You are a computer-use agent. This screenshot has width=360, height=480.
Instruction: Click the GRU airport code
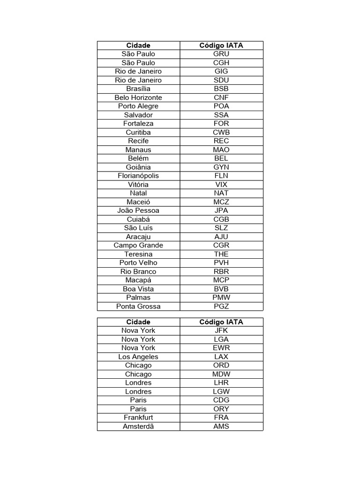[x=221, y=54]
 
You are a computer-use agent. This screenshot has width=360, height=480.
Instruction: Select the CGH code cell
[x=221, y=63]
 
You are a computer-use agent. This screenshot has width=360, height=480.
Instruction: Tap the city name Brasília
[x=138, y=89]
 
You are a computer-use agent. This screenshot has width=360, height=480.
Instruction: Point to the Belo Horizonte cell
[x=138, y=97]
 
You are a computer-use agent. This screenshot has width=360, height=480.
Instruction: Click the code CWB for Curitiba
[x=221, y=132]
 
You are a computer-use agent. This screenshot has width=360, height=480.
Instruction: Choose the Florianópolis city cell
[x=138, y=176]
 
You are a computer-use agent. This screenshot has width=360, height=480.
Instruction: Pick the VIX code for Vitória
[x=221, y=185]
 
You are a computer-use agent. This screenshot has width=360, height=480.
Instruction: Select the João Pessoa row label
[x=138, y=210]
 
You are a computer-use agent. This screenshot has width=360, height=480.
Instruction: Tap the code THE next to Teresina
[x=221, y=254]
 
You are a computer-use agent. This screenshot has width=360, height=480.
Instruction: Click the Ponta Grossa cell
[x=138, y=307]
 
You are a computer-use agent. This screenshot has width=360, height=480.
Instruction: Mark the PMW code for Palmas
[x=221, y=298]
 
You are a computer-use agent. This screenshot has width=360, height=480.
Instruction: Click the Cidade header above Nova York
[x=138, y=322]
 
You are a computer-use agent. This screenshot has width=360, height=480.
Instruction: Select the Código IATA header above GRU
[x=221, y=45]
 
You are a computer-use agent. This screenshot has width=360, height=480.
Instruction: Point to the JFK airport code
[x=221, y=330]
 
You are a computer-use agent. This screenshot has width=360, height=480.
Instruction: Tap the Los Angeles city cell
[x=138, y=357]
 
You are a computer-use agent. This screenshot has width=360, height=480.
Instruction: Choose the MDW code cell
[x=221, y=374]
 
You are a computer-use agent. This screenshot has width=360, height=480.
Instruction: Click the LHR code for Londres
[x=221, y=383]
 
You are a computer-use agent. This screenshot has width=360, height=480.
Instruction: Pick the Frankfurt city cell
[x=138, y=418]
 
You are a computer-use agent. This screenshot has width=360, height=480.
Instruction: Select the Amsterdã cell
[x=138, y=427]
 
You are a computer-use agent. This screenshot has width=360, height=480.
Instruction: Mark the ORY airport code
[x=221, y=409]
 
